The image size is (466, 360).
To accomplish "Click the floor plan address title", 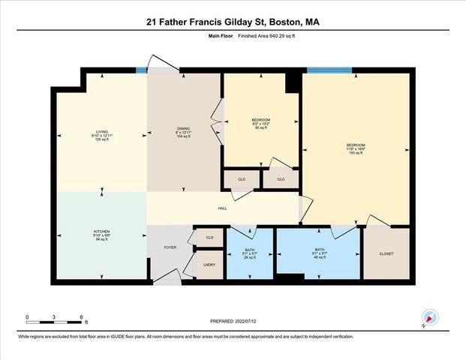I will point(233,22).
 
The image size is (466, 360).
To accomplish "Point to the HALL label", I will point(222,209).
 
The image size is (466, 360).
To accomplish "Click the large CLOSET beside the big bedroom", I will point(386,253).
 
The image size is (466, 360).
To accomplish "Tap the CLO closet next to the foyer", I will point(209,238).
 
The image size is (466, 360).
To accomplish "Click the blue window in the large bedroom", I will point(329,70).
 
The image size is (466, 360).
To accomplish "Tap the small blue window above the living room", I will point(141,70).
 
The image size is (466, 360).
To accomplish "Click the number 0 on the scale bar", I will point(27,317).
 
